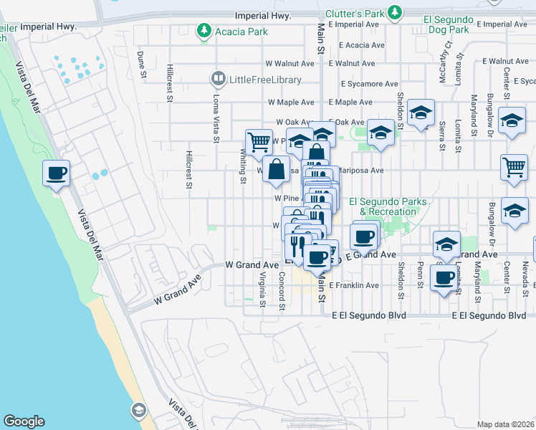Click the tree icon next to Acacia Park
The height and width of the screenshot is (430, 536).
coord(206,31)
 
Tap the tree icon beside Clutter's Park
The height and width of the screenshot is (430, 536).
coord(394,13)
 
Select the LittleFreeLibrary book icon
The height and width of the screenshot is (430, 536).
coord(219,77)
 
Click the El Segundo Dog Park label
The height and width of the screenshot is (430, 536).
coord(446,25)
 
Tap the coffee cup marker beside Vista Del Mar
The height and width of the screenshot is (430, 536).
coord(56,173)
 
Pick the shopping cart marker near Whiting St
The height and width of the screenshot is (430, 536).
coord(258,141)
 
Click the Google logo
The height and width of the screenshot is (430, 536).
coord(24,421)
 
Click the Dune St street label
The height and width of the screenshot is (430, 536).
coord(142,64)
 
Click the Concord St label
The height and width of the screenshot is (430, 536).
coord(282,291)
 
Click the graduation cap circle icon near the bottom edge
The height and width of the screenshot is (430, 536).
coord(138,410)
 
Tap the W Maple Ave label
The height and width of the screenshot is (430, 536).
coord(291,102)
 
